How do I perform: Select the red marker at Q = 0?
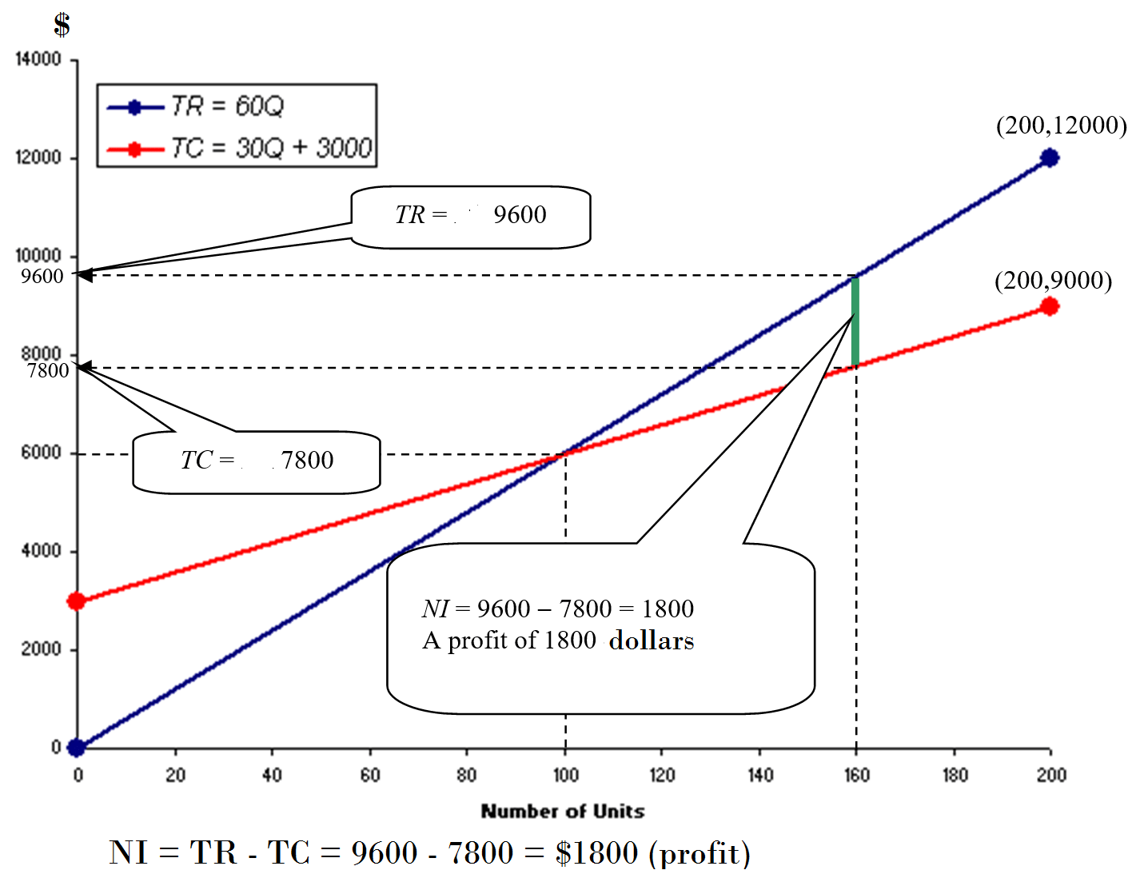[77, 601]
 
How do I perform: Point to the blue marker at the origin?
[77, 748]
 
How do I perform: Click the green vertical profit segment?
[855, 321]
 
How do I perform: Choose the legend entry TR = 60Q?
[226, 106]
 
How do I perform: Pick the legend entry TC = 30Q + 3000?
[270, 148]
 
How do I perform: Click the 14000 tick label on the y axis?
[38, 60]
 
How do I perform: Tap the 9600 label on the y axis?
[42, 277]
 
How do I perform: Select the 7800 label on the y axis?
[48, 371]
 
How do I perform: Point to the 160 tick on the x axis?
[856, 774]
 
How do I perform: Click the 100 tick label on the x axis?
[565, 774]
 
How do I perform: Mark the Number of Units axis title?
[563, 811]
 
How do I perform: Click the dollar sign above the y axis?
[62, 25]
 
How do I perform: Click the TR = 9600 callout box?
[471, 216]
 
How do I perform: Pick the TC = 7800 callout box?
[257, 461]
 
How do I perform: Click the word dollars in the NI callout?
[652, 641]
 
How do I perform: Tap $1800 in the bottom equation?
[597, 853]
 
